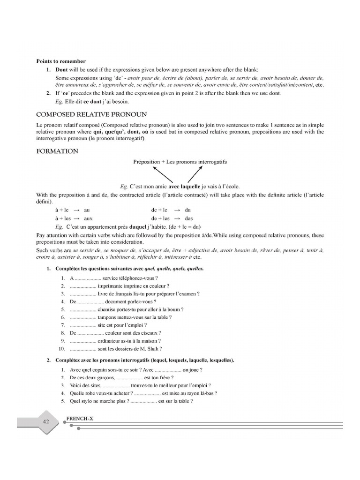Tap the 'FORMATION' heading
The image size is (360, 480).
[57, 151]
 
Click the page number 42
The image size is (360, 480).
[46, 421]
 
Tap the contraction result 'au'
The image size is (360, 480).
[87, 210]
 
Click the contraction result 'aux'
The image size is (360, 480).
[88, 218]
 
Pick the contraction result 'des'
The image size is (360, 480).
[189, 218]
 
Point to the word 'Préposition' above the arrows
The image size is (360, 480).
[146, 162]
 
